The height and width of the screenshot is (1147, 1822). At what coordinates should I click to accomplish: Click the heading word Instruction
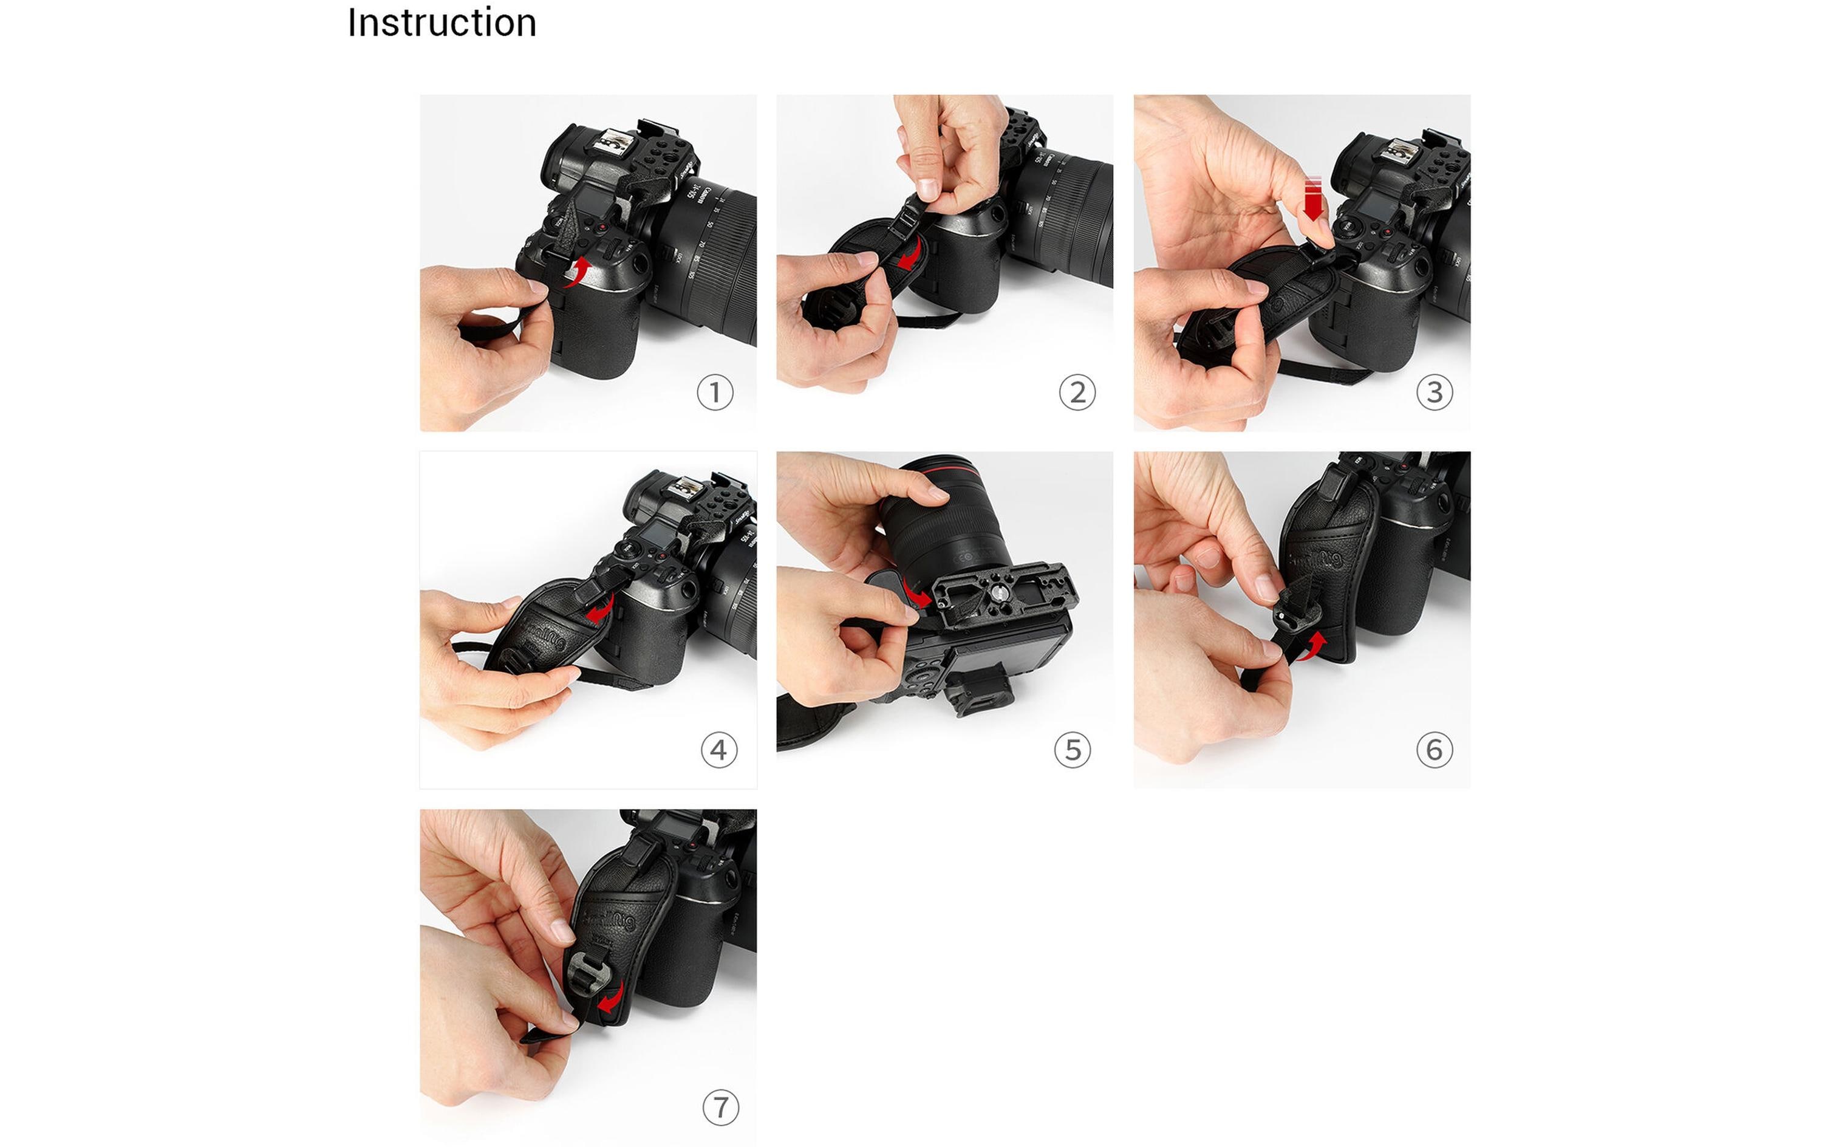click(x=442, y=22)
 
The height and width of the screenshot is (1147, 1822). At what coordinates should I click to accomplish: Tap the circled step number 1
click(x=714, y=392)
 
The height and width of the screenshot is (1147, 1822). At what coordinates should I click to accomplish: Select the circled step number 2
click(x=1077, y=392)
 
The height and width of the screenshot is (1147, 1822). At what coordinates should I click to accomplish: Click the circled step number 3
click(x=1434, y=392)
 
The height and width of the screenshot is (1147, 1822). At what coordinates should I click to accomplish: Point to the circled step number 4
click(x=718, y=750)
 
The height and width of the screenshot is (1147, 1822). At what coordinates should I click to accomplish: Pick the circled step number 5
click(x=1072, y=750)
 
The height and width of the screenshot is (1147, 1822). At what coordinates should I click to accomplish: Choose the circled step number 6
click(x=1434, y=750)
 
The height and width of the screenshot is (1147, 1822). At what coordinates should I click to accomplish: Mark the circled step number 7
click(x=720, y=1108)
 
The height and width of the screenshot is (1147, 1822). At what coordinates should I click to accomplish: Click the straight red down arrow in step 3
click(x=1314, y=199)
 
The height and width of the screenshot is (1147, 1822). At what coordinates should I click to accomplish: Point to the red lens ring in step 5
click(x=946, y=477)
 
